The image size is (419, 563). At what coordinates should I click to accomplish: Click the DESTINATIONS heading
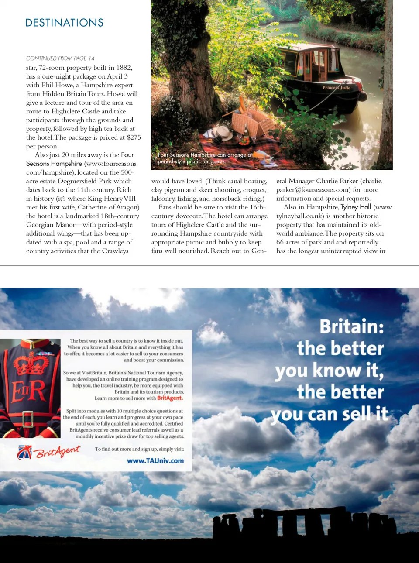tap(64, 23)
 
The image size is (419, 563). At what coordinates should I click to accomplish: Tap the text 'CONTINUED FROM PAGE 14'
tap(60, 58)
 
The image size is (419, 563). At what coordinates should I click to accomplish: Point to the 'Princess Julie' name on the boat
tap(336, 88)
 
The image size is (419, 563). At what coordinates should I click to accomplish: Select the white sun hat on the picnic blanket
tap(222, 132)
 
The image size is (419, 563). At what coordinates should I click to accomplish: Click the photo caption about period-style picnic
tap(204, 158)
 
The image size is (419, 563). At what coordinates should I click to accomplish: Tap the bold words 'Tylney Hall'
tap(356, 207)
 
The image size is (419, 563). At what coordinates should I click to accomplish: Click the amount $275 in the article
tap(134, 137)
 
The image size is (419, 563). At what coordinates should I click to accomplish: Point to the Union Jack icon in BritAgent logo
tap(24, 453)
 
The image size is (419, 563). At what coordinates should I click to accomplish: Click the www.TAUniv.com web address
tap(155, 461)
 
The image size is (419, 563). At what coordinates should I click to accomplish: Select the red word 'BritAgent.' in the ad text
tap(170, 398)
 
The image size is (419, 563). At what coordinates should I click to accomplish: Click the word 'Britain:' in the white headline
tap(351, 326)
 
